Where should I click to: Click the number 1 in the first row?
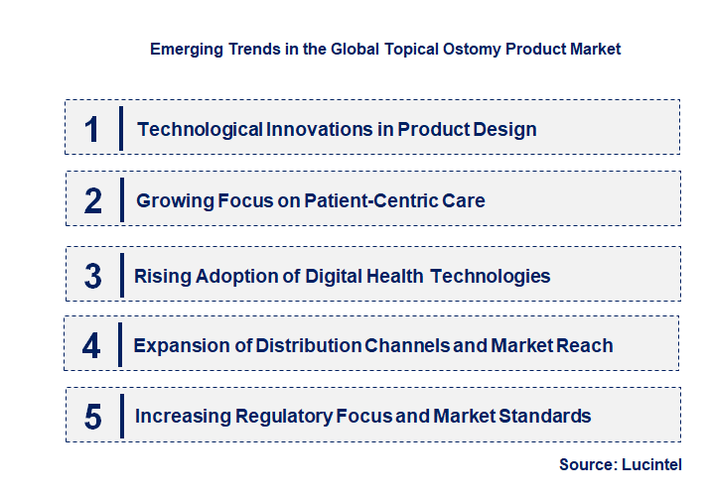[92, 129]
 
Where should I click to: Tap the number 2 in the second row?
[93, 200]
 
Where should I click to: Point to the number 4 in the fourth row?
[92, 346]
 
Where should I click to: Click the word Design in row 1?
[504, 129]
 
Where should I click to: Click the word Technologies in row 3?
[491, 276]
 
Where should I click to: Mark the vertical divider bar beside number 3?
[121, 274]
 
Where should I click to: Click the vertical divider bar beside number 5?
[121, 415]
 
